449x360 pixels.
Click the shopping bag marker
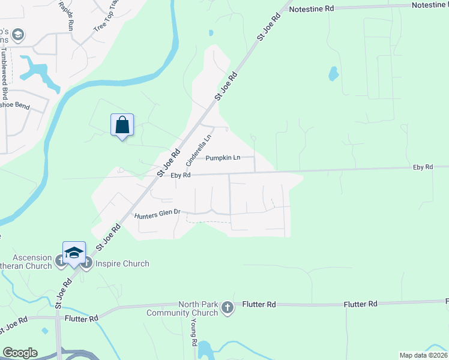coord(122,125)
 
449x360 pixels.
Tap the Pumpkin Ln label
coord(223,158)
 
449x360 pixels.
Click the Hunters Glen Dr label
coord(158,214)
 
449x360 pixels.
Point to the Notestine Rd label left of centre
coord(311,10)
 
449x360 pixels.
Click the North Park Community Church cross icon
coord(227,308)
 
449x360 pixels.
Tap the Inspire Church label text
coord(121,263)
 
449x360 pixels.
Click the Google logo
coord(20,353)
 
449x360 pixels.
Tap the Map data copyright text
coord(423,355)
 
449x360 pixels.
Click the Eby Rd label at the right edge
coord(423,167)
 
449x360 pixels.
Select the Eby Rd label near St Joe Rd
coord(180,175)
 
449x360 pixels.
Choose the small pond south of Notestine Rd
coord(333,74)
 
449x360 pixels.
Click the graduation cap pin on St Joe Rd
coord(74,253)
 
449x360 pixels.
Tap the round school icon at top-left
coord(18,34)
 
